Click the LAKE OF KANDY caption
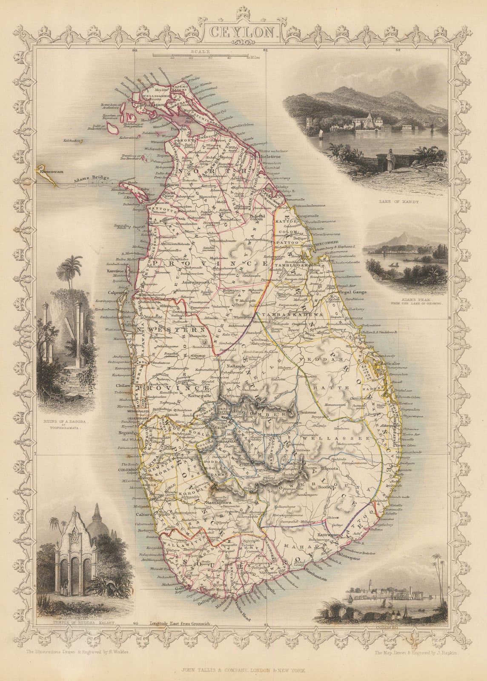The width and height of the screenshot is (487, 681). [x=397, y=203]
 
